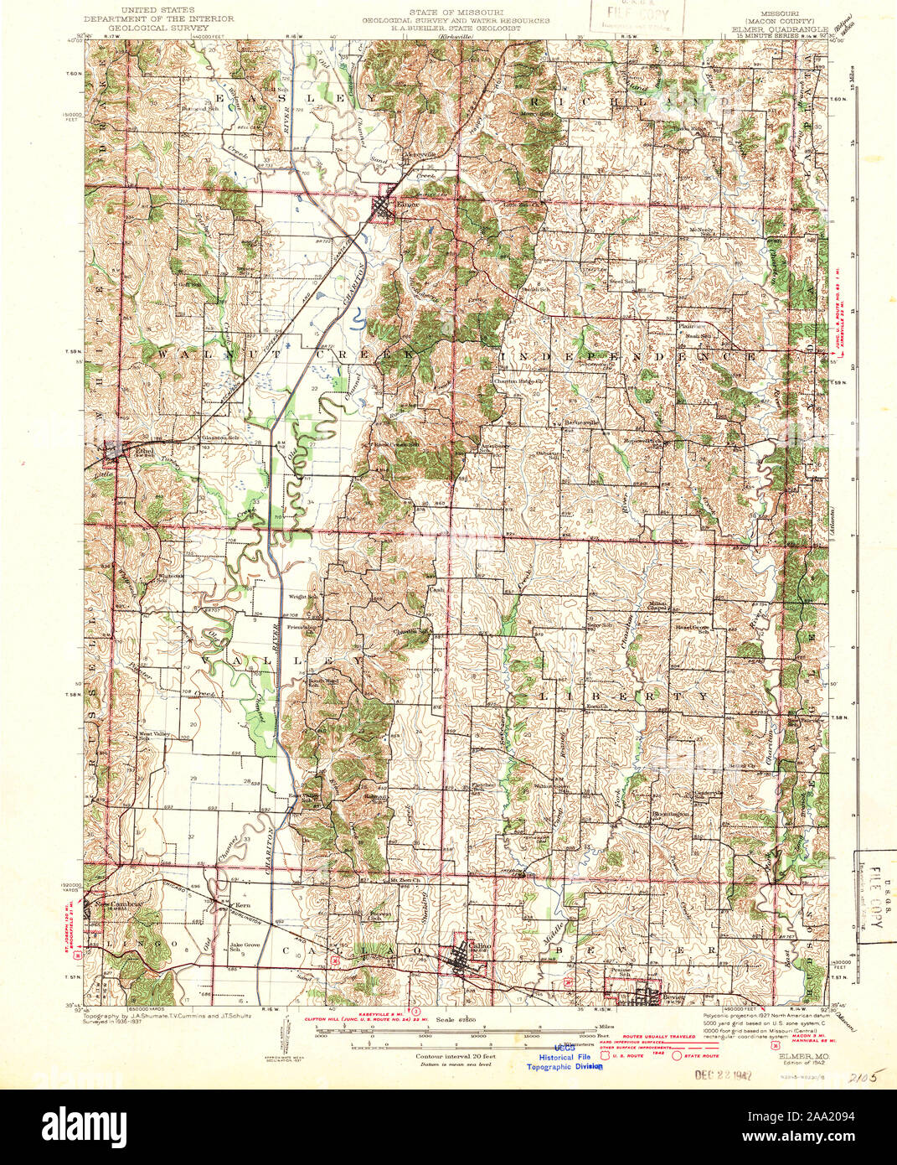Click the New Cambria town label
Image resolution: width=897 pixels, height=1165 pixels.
click(114, 905)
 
